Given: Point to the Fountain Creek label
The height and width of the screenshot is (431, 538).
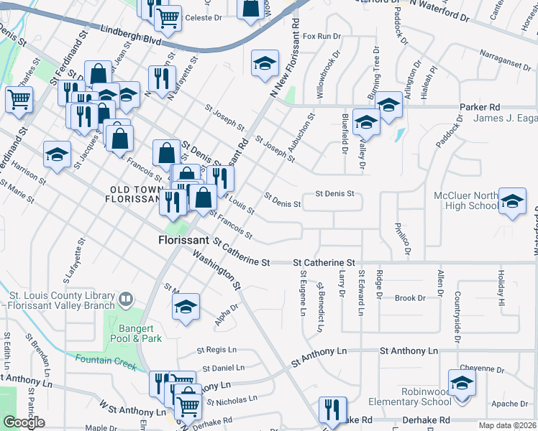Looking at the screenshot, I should click(x=106, y=362).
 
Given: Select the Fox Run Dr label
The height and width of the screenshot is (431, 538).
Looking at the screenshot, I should click(x=322, y=36).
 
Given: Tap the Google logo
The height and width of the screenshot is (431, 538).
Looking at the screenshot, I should click(x=24, y=422).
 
